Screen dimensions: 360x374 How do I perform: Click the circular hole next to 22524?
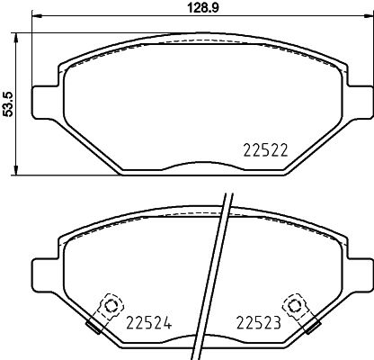111,305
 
